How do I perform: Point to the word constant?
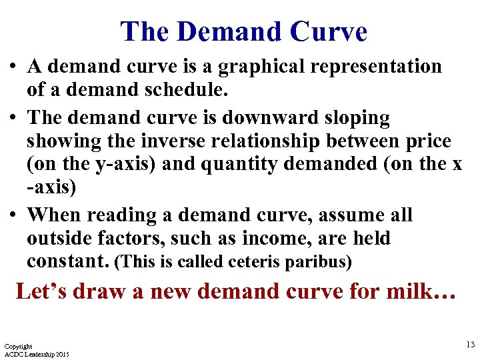click(x=67, y=261)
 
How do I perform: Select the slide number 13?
click(x=471, y=344)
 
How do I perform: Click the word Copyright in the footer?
click(x=18, y=347)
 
